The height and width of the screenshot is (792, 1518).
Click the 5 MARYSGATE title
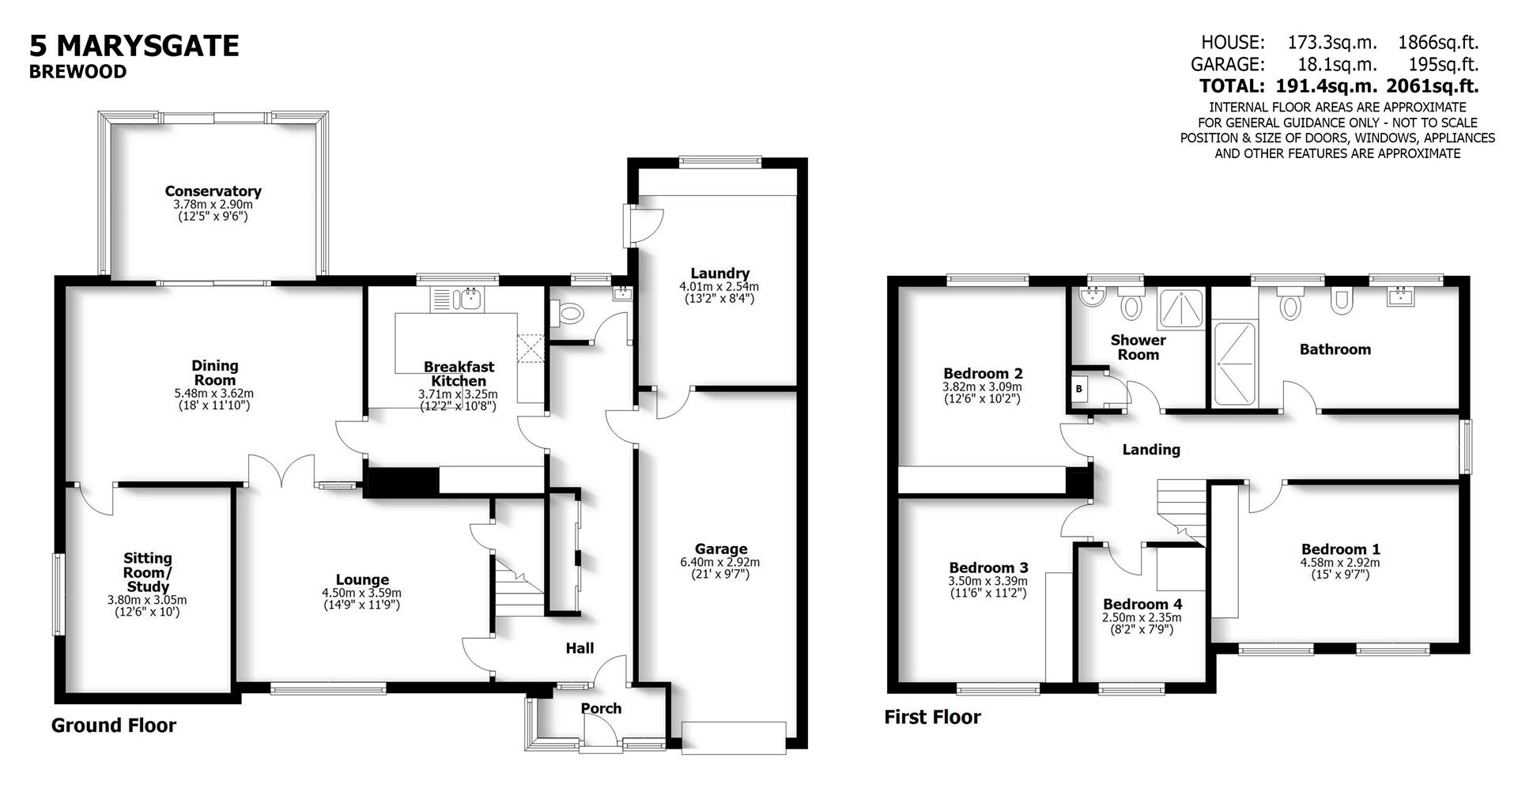[x=134, y=46]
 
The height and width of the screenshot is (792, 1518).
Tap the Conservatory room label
[x=213, y=191]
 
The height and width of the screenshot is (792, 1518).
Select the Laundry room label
[x=719, y=273]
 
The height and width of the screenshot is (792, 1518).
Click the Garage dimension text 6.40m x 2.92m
[x=720, y=562]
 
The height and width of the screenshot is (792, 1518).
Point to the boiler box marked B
[x=1078, y=389]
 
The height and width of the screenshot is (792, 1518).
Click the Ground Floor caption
[x=114, y=726]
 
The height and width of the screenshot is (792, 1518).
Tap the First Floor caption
[x=932, y=717]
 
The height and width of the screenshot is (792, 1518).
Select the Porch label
[x=601, y=708]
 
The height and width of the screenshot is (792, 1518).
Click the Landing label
[x=1151, y=450]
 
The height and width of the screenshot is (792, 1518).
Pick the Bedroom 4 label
[x=1142, y=605]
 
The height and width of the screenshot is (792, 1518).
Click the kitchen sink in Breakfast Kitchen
[x=471, y=299]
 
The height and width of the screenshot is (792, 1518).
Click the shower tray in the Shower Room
[x=1181, y=310]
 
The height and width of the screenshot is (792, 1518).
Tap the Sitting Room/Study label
[x=148, y=572]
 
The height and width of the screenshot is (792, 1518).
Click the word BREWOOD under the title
[x=77, y=72]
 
